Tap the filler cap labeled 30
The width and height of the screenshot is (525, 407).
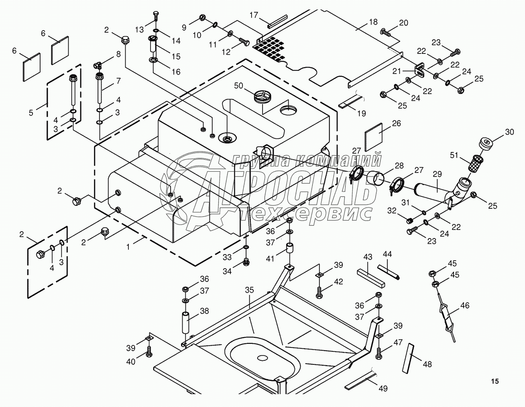(485, 143)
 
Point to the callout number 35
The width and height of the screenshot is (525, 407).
(250, 290)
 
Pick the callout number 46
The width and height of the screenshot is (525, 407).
(464, 305)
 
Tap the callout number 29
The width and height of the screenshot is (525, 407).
(437, 174)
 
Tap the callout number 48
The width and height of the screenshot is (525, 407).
(427, 364)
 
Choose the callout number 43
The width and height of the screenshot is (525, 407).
(368, 257)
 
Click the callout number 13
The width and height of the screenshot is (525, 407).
(139, 29)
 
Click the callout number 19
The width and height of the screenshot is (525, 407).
(362, 114)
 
